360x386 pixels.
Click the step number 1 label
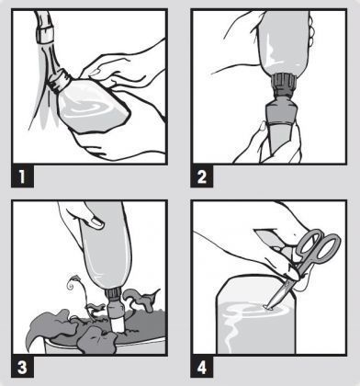coord(22,176)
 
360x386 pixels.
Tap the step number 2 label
coord(202,176)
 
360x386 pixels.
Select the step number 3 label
coord(22,367)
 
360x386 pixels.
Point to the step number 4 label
coord(202,367)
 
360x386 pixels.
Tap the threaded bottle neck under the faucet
coord(60,80)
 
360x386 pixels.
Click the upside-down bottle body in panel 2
coord(283,43)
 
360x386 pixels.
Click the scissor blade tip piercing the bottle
coord(267,306)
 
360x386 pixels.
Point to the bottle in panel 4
coord(256,315)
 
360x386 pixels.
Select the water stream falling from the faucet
coord(47,92)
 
